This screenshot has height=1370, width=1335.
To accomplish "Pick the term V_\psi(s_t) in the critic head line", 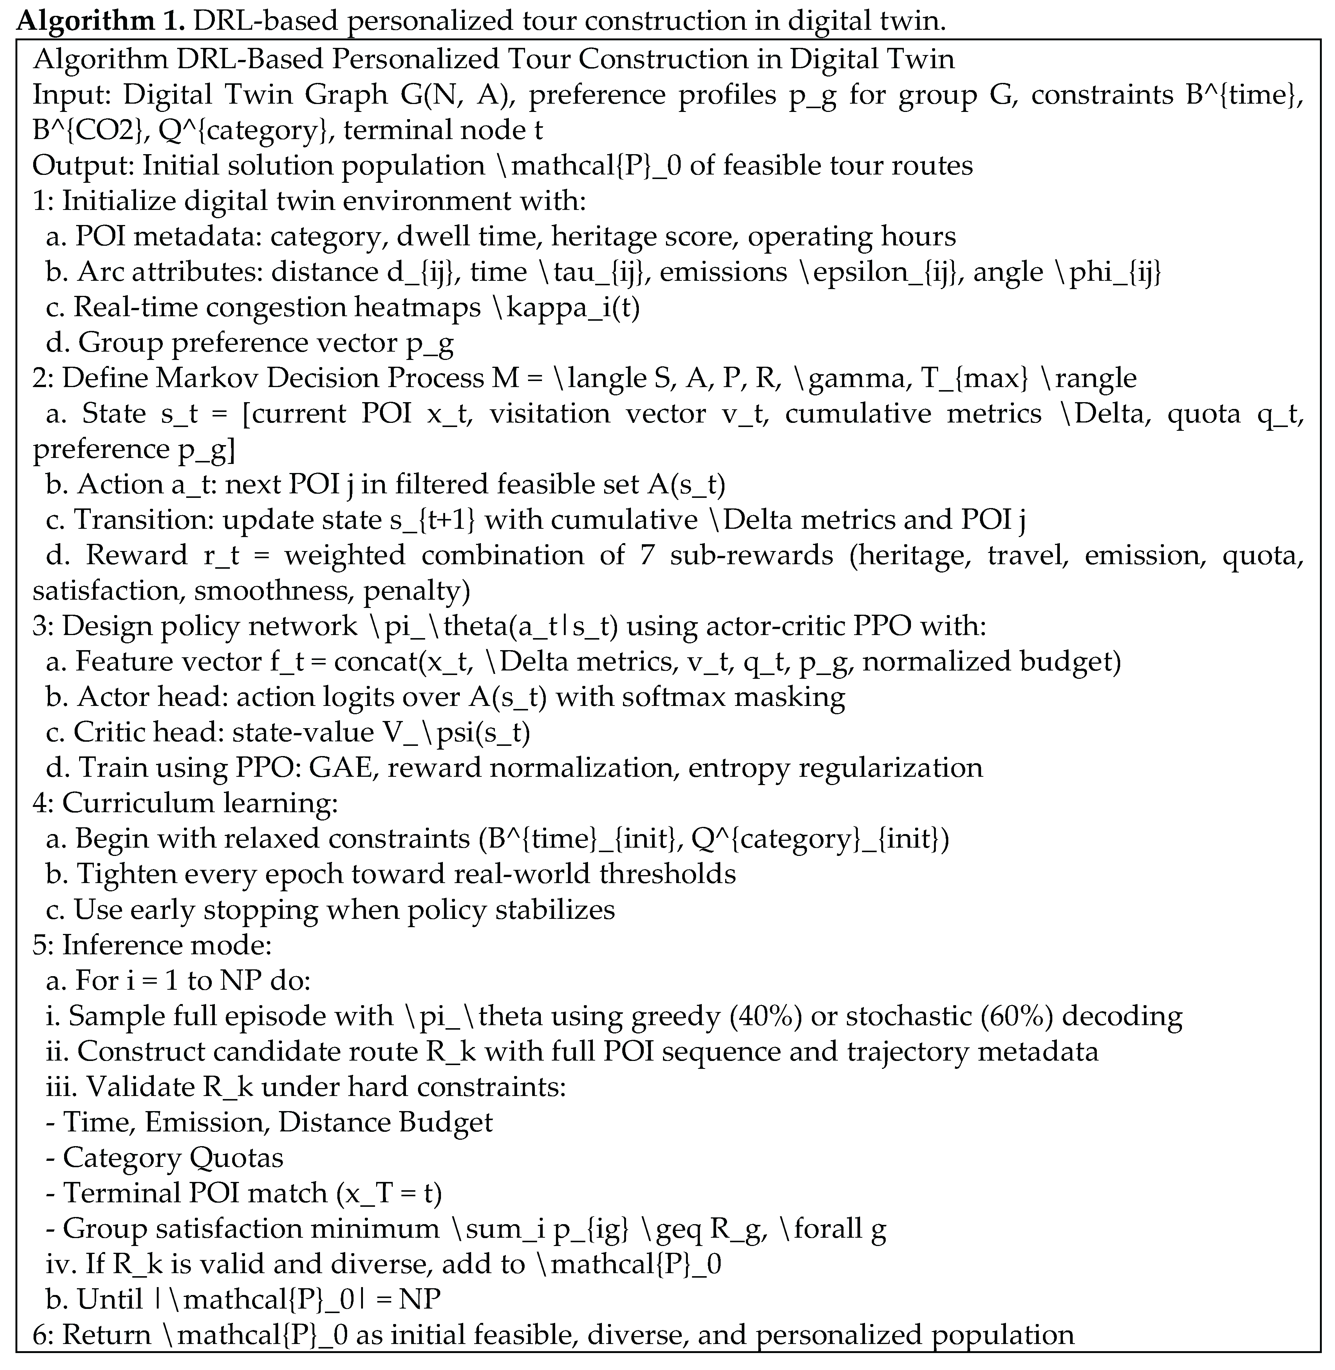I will point(456,732).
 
